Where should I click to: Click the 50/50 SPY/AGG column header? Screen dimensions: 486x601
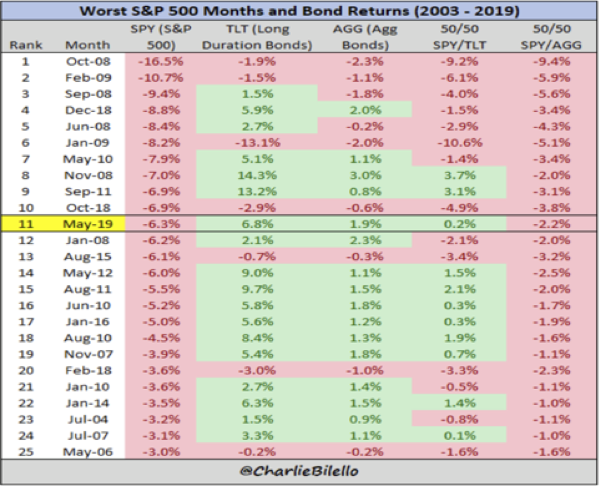coord(553,37)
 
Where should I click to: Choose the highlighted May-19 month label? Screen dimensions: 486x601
coord(87,224)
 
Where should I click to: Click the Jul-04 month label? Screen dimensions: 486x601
coord(87,418)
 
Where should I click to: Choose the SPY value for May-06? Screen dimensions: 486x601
coord(159,451)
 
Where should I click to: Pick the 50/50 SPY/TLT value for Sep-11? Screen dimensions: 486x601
coord(459,191)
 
